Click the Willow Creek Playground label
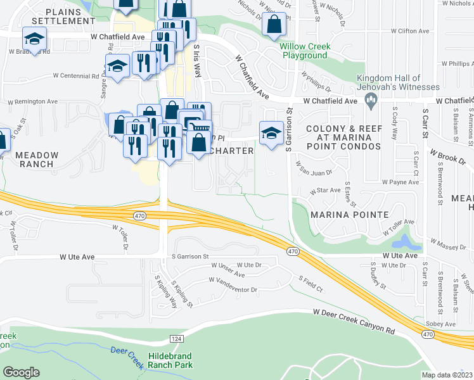coord(304,51)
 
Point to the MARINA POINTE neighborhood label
coord(349,215)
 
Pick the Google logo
coord(21,372)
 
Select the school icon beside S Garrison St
coord(271,134)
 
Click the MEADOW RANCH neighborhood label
coord(37,159)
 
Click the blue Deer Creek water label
coord(128,351)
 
